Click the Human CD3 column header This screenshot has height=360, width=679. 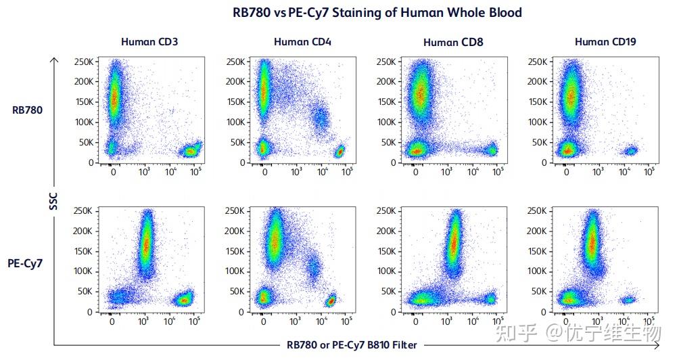pos(149,42)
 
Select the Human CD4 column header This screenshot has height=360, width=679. pos(302,42)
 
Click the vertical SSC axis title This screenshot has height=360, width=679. pos(53,202)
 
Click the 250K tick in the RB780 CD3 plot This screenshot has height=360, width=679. pos(84,62)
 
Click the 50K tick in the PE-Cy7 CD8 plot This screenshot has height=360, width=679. pos(387,292)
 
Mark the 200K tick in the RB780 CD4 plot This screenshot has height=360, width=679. pos(235,82)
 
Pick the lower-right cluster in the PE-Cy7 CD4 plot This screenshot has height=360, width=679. pos(331,300)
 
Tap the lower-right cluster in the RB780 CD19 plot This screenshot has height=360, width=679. pos(631,151)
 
